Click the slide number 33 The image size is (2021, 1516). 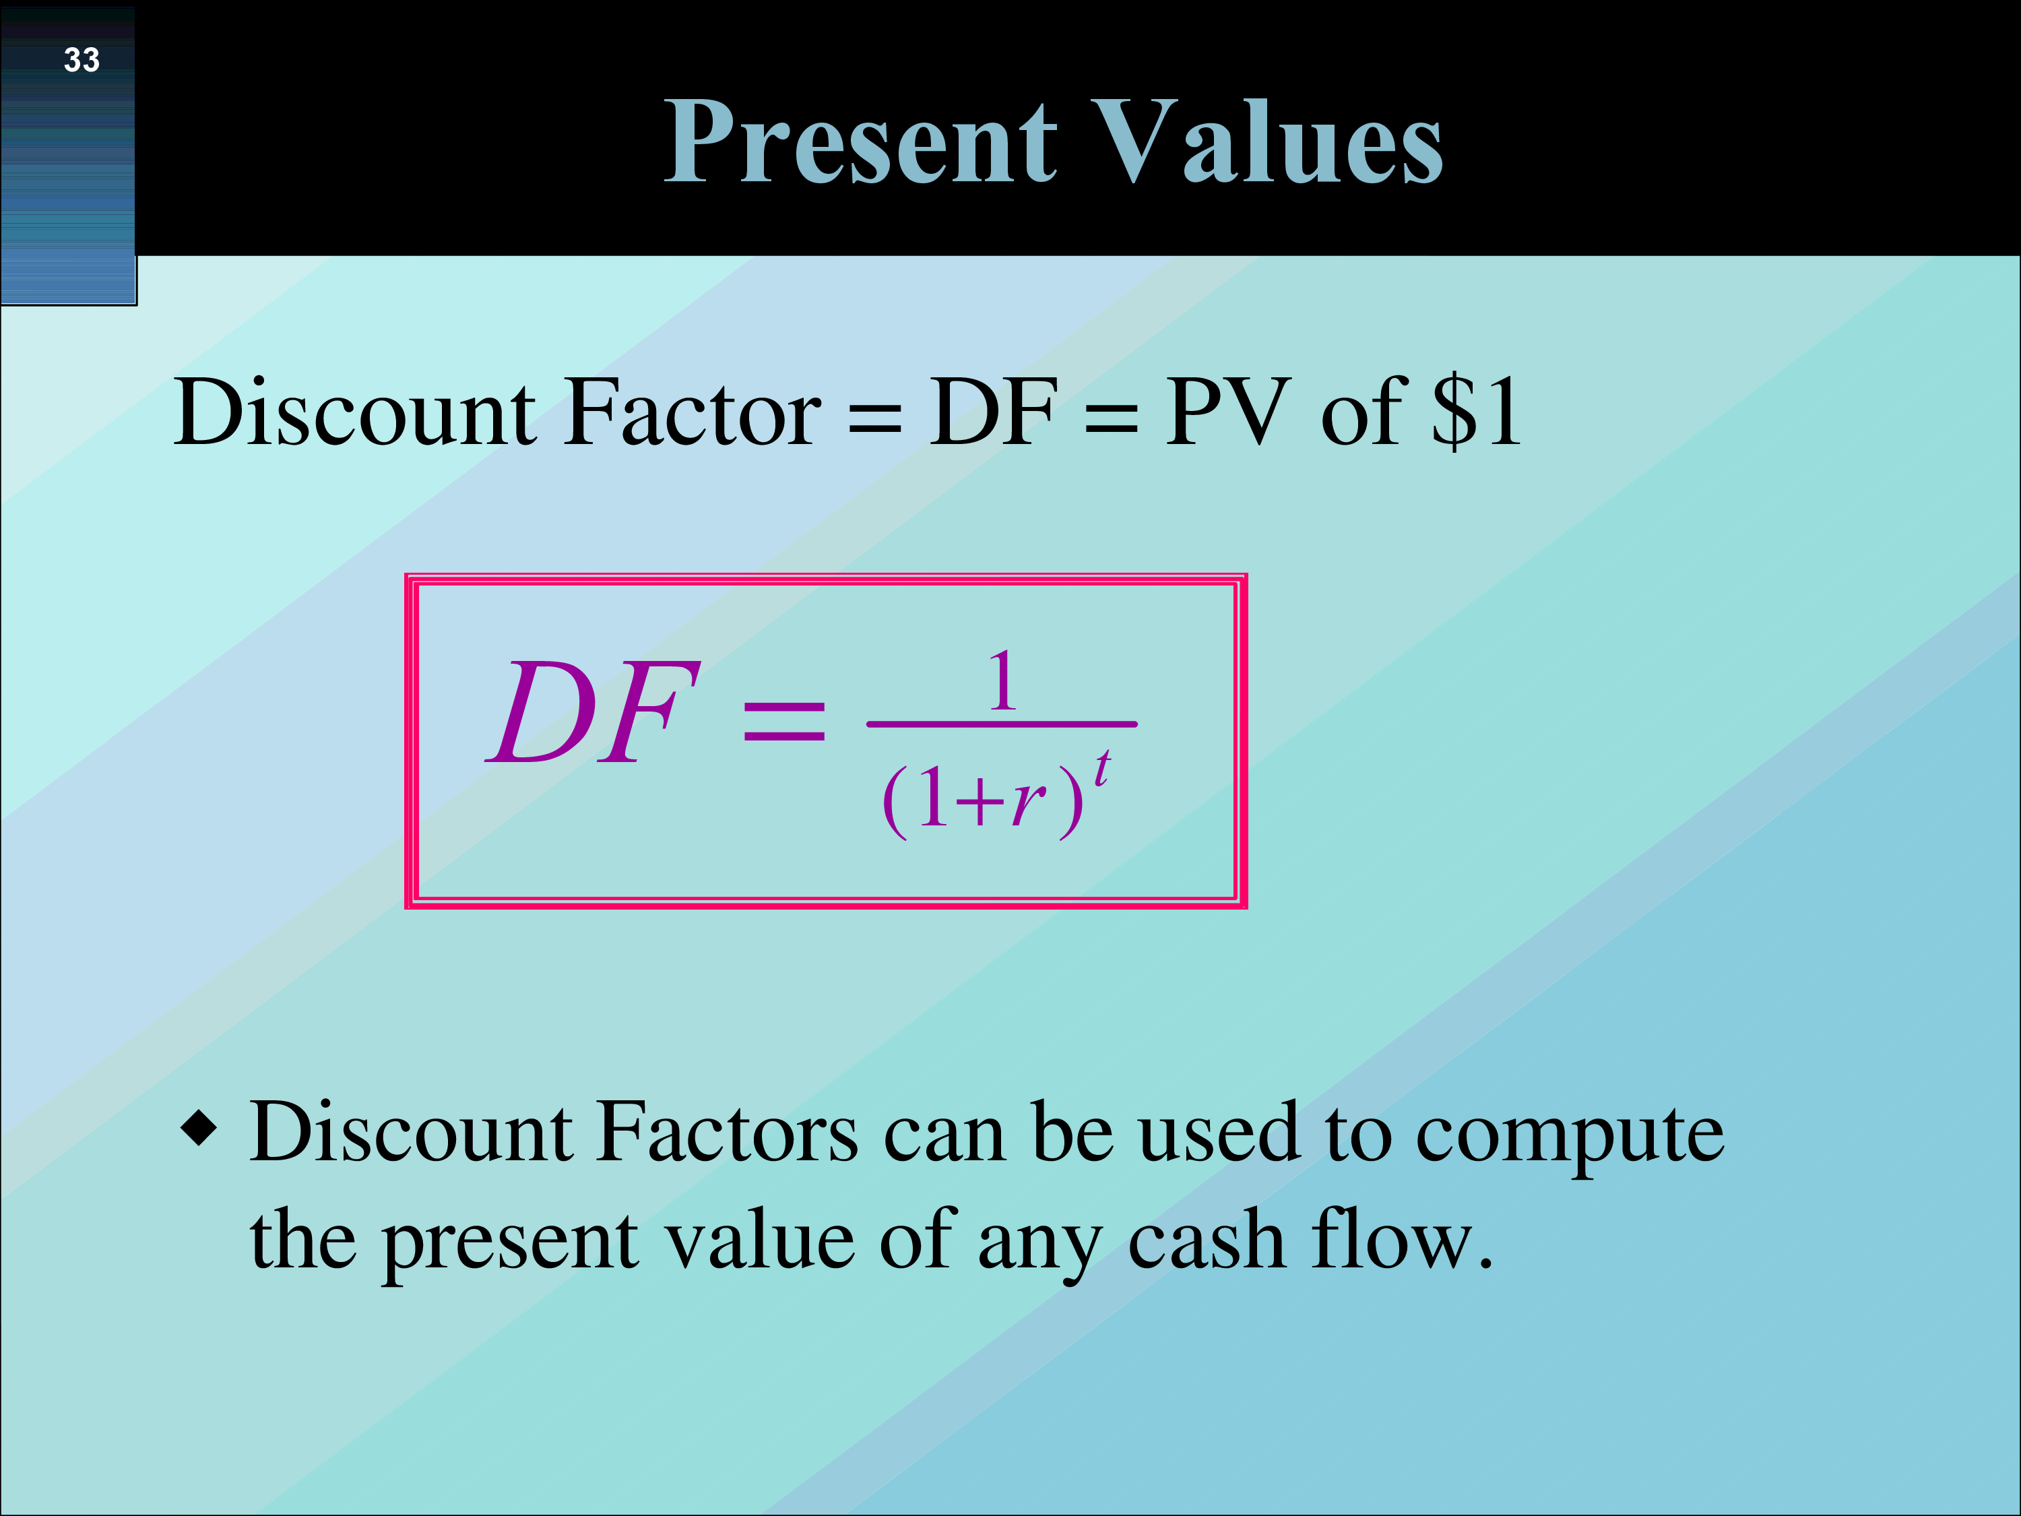(x=82, y=61)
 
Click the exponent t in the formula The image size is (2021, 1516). (x=1102, y=767)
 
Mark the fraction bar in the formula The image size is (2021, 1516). (x=1001, y=724)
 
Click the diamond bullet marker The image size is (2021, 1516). (x=199, y=1128)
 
